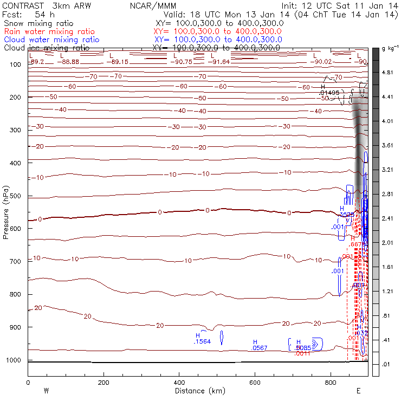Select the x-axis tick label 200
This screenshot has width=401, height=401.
(103, 382)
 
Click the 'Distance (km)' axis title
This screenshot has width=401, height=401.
(197, 391)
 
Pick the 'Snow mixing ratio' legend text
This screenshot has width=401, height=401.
(38, 24)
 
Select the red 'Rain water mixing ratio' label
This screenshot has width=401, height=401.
(49, 32)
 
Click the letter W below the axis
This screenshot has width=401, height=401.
(46, 391)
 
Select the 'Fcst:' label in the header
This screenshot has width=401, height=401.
(12, 15)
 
